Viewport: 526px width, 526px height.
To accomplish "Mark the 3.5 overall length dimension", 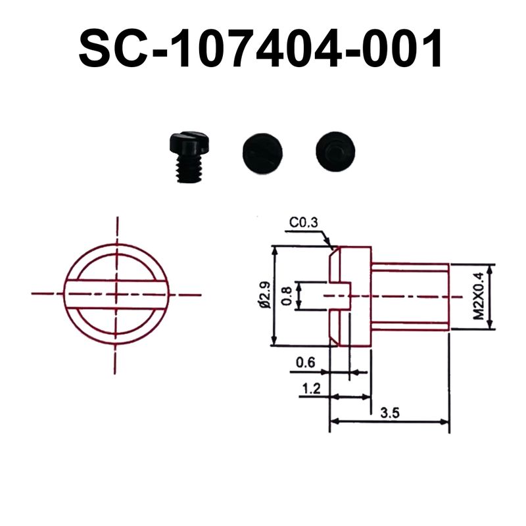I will [391, 412].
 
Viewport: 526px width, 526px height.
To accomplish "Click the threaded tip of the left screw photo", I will [190, 171].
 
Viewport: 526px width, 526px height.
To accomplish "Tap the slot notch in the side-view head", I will [339, 295].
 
